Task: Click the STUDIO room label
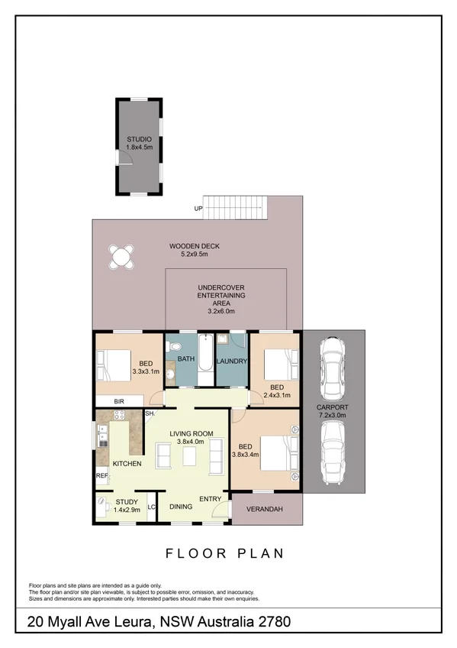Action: [140, 139]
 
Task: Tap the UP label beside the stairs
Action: [198, 208]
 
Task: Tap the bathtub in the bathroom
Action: [204, 358]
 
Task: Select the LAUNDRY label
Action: [230, 361]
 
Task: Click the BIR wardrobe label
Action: [119, 401]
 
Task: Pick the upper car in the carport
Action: [333, 366]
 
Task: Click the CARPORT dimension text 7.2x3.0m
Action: [333, 416]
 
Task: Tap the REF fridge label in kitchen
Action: [101, 475]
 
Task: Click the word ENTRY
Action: [210, 499]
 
